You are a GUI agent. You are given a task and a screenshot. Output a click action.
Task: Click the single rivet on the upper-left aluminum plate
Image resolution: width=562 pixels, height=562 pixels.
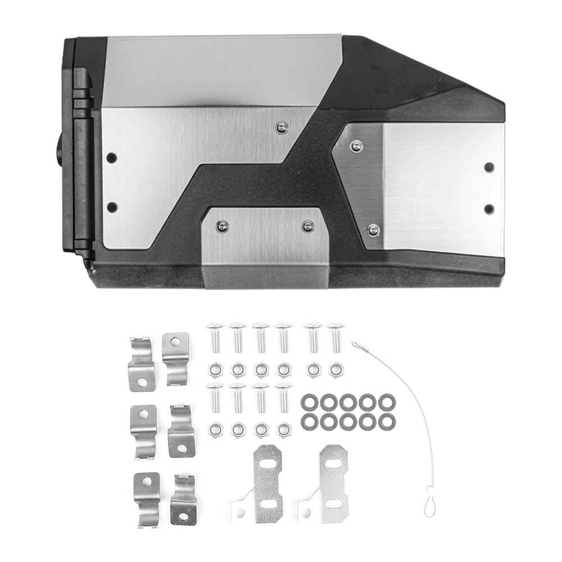(282, 128)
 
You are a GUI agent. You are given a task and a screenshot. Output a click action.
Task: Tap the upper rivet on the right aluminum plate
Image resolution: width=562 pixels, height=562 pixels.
(355, 146)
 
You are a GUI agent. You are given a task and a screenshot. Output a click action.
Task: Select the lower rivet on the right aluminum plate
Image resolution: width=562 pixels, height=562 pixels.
(373, 229)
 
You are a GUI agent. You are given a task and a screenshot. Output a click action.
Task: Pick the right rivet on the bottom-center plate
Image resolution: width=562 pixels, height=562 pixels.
(307, 226)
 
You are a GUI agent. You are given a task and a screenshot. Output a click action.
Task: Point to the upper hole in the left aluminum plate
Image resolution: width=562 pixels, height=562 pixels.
(112, 157)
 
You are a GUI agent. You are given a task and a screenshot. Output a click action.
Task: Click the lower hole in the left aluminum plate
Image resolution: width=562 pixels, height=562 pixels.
(112, 207)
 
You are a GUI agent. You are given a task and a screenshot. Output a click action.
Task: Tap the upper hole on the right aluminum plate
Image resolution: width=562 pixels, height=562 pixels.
(489, 167)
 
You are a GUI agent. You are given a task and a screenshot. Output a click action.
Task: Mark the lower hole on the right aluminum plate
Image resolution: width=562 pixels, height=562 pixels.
(489, 209)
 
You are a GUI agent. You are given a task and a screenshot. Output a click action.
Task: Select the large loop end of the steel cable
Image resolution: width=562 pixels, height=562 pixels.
(430, 502)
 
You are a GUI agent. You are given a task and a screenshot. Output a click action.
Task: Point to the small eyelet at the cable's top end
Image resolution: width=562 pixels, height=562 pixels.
(355, 344)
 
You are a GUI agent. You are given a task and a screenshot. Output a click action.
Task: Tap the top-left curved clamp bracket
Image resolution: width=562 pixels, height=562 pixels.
(141, 364)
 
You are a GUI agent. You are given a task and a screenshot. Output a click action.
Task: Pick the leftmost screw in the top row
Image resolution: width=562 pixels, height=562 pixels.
(215, 337)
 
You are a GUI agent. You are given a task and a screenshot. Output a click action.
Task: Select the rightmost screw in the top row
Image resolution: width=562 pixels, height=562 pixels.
(336, 337)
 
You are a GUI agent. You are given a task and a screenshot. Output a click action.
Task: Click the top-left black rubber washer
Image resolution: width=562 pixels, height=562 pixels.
(309, 402)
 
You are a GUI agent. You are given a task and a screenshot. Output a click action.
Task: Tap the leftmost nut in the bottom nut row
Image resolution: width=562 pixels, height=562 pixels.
(215, 430)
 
